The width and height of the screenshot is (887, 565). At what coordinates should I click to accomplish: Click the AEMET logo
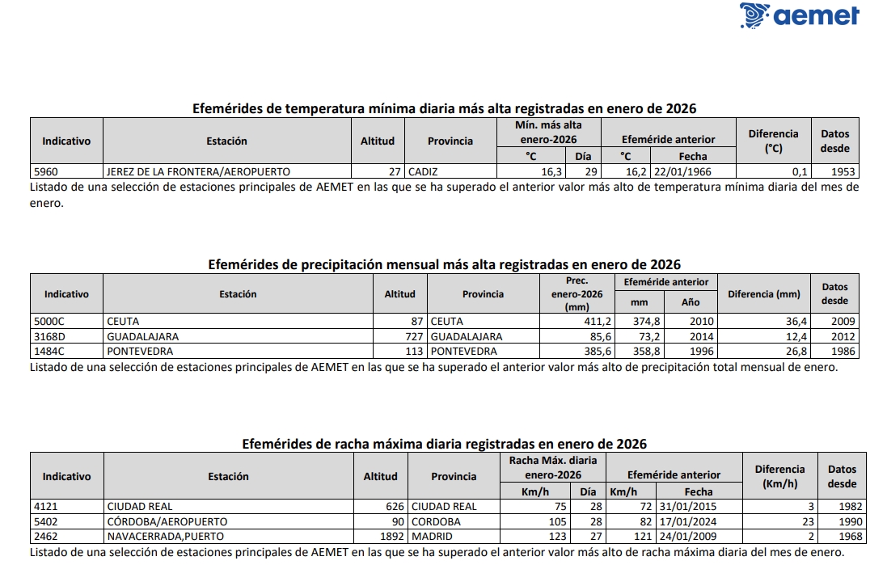coord(799,16)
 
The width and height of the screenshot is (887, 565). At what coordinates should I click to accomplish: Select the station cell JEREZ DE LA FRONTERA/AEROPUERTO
coord(198,171)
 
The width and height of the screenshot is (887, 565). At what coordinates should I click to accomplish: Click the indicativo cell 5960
coord(45,171)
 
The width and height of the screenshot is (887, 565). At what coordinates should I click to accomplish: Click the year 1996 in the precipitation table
coord(690,352)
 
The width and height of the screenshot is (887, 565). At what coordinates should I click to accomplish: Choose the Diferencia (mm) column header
coord(763,294)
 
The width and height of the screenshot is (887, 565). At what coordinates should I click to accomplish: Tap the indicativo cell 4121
coord(46,507)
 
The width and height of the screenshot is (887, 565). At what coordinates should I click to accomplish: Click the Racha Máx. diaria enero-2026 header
coord(552,467)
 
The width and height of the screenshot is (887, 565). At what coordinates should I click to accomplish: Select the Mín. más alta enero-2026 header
coord(547,133)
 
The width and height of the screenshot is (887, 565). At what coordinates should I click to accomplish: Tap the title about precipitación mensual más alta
coord(444,264)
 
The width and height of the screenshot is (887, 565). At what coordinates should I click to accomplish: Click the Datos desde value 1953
coord(843,171)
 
